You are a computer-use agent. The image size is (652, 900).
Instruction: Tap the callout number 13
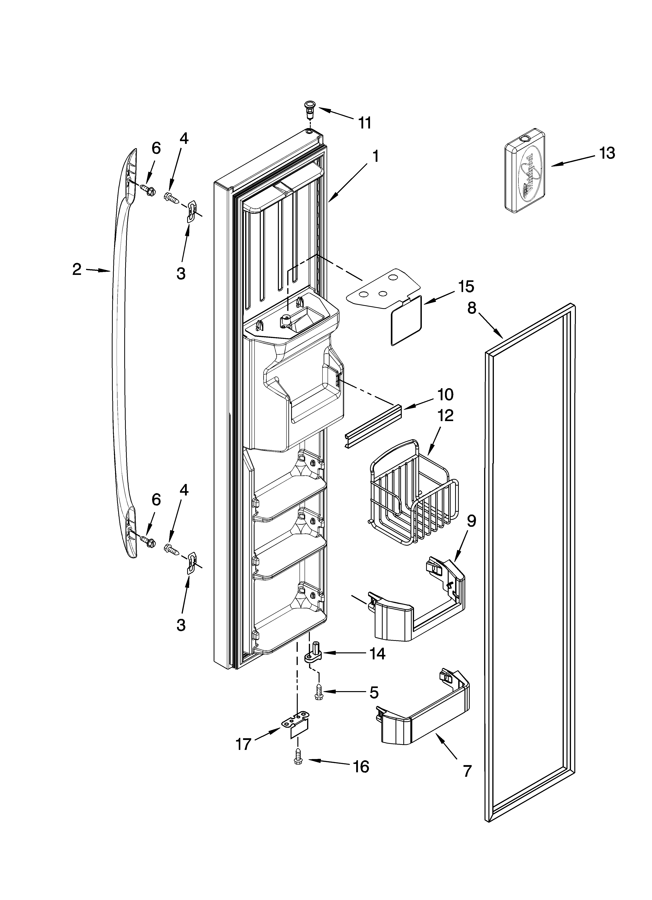point(607,153)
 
